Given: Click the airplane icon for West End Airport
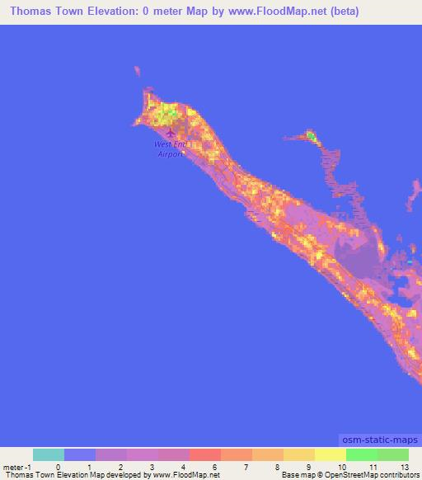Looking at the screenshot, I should (x=171, y=133).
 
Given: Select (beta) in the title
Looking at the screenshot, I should (x=340, y=12).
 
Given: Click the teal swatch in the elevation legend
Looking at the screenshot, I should (x=49, y=454).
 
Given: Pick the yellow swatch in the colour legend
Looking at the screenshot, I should (x=331, y=454).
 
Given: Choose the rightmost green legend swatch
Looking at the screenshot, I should (x=393, y=454).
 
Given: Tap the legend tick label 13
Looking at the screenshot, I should (x=404, y=466).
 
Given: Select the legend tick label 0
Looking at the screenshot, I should (x=58, y=466).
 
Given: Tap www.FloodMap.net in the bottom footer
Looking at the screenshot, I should (x=185, y=475).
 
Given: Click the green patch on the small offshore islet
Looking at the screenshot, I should (x=311, y=135).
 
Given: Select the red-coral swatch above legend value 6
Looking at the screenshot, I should (x=205, y=454).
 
